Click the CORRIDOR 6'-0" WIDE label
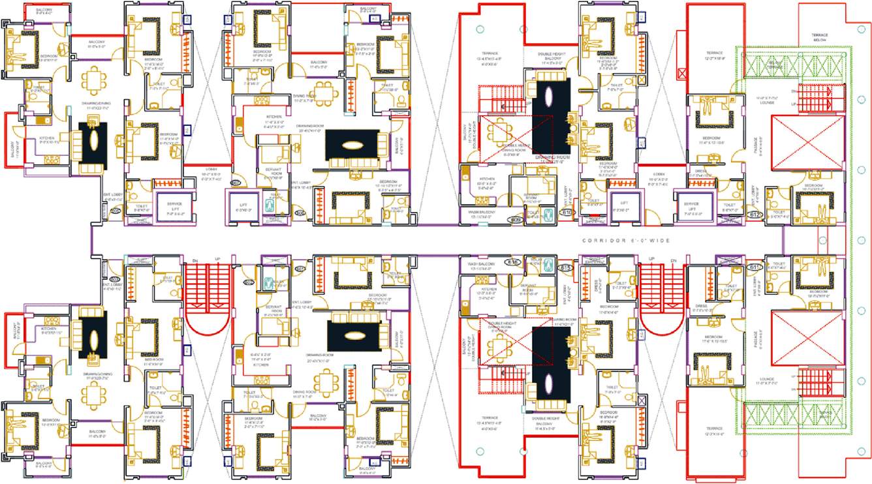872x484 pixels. [x=626, y=241]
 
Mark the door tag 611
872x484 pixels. [x=755, y=267]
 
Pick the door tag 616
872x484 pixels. [x=512, y=262]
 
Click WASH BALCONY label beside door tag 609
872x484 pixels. [x=480, y=212]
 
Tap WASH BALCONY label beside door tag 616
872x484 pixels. [x=480, y=264]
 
